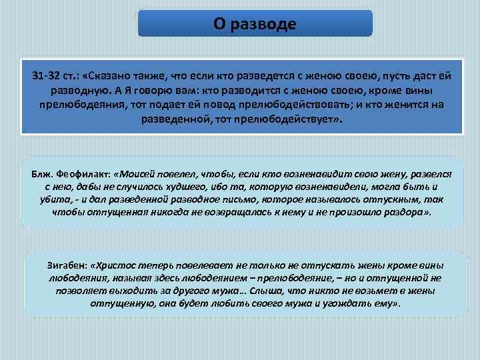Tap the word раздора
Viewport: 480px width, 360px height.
pyautogui.click(x=406, y=213)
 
